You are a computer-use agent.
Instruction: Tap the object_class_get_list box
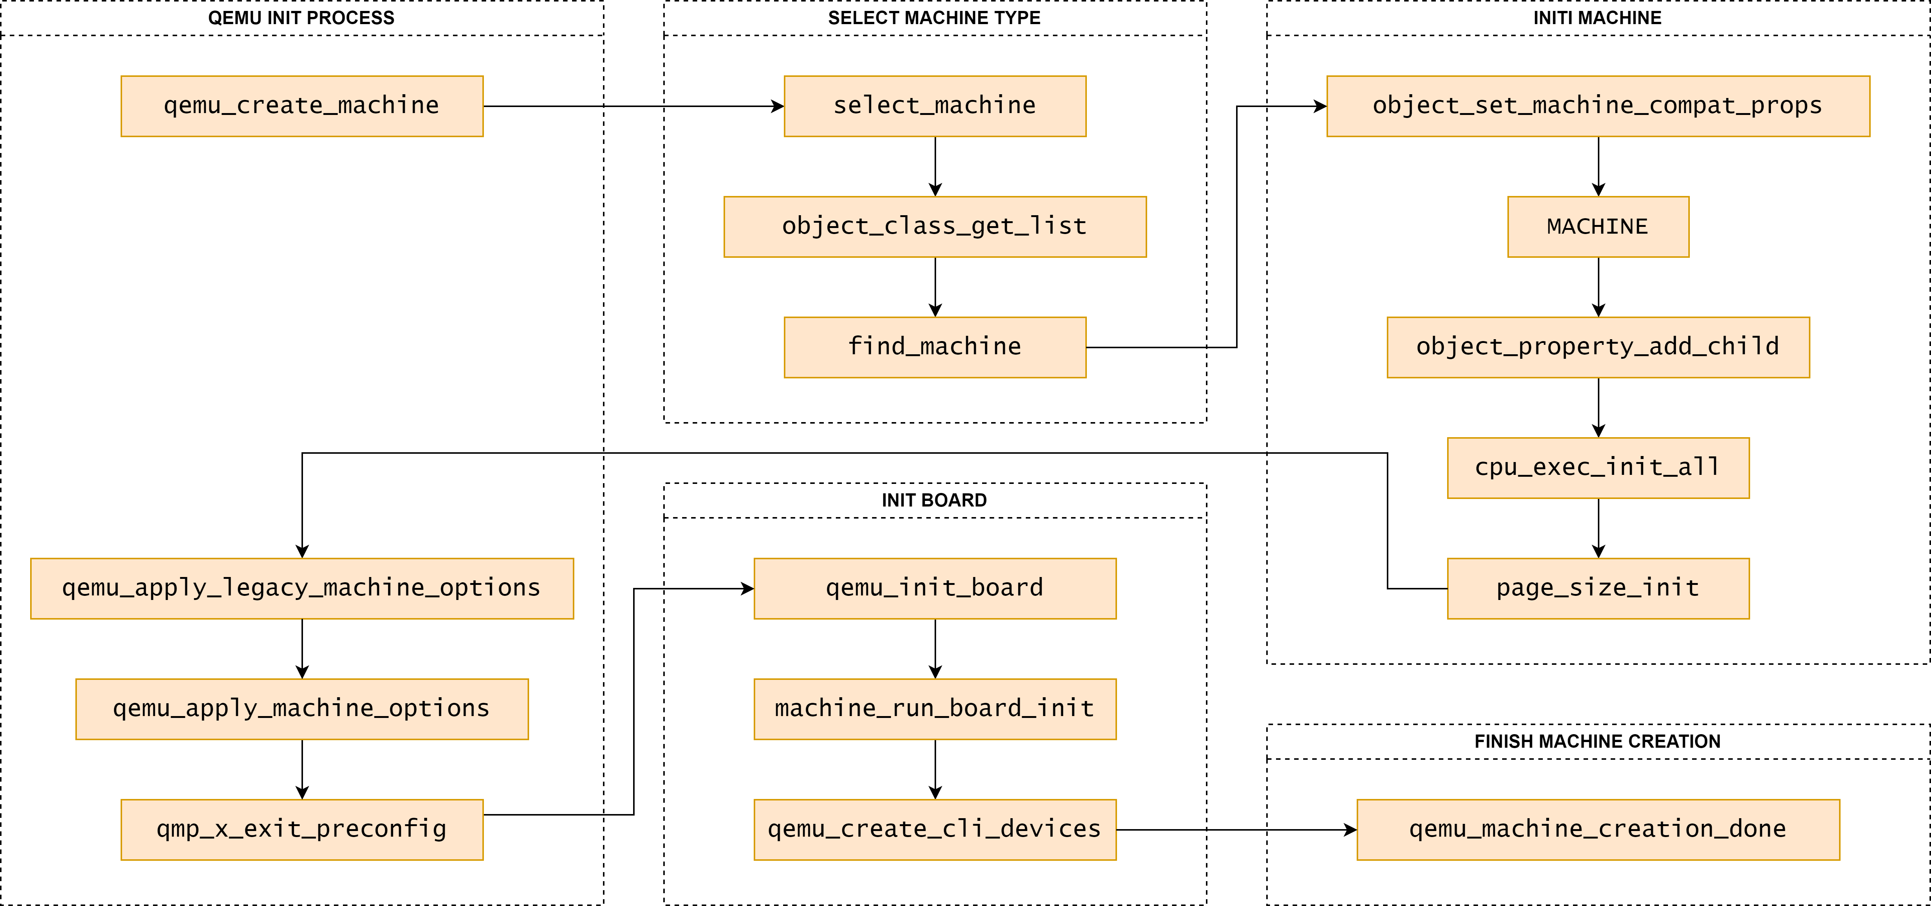click(935, 227)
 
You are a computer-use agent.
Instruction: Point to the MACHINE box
click(1598, 227)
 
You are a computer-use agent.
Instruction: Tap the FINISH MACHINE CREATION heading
click(1597, 742)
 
